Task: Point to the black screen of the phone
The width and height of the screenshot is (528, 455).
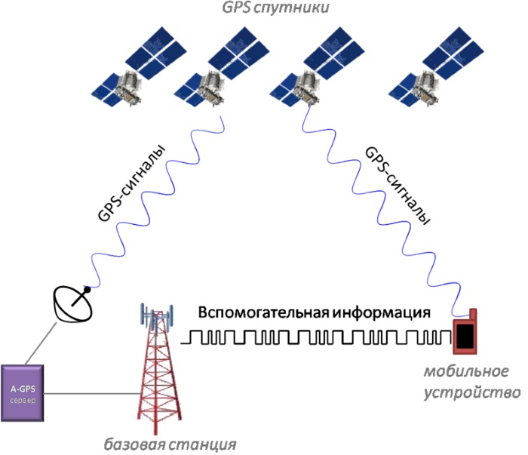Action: tap(466, 336)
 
